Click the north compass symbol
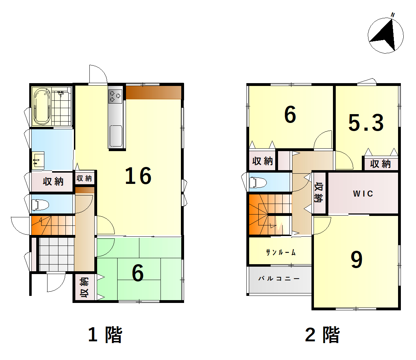tap(385, 35)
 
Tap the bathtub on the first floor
tap(42, 106)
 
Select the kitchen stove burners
tap(115, 96)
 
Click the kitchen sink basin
tap(116, 135)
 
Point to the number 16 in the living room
tap(138, 175)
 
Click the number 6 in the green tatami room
tap(138, 273)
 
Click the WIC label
tap(363, 193)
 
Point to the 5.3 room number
tap(366, 123)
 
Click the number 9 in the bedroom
tap(357, 260)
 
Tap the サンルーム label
tap(281, 252)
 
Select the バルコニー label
tap(279, 279)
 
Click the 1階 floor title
tap(105, 335)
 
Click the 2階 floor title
tap(322, 335)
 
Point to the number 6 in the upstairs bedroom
tap(290, 114)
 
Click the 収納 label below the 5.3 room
tap(380, 164)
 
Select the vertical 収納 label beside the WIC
tap(319, 192)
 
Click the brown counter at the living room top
tap(153, 92)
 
